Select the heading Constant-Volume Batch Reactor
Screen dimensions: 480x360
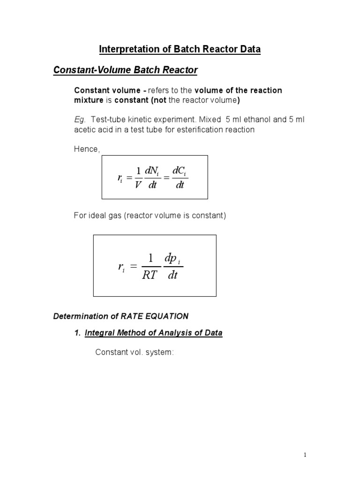(125, 70)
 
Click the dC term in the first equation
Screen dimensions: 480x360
(180, 172)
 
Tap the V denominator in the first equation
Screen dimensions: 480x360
(137, 185)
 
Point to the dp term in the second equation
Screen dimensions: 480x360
(172, 258)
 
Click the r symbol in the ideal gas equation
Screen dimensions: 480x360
(121, 267)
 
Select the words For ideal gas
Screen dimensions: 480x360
(96, 216)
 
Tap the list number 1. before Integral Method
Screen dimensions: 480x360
(78, 333)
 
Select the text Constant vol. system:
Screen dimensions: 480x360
(135, 352)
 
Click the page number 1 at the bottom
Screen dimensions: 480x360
(305, 455)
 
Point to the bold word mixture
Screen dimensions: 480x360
(90, 100)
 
